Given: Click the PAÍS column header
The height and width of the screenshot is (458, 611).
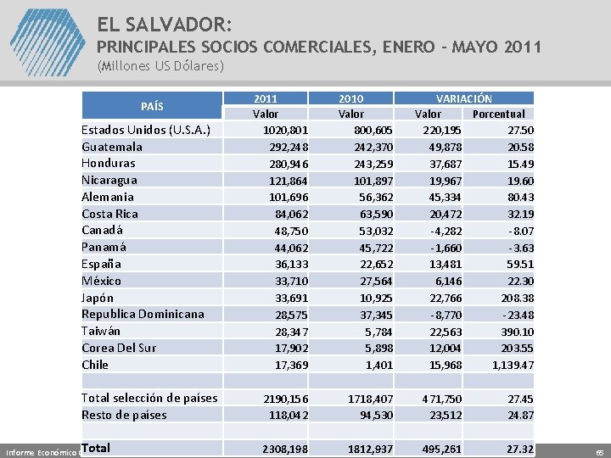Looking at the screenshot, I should [152, 106].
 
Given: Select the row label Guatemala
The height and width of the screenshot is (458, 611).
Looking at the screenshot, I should [112, 147].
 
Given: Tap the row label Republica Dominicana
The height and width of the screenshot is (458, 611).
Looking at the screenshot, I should [143, 314].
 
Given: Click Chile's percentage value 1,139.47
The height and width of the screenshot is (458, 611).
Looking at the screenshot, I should [507, 365].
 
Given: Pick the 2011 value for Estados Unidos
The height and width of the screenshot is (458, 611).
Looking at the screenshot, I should [285, 130].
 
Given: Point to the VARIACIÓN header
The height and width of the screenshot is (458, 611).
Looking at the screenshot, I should [463, 98].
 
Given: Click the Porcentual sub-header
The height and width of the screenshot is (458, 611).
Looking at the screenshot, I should [498, 114].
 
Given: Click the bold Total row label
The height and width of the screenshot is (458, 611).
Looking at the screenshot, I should [96, 447].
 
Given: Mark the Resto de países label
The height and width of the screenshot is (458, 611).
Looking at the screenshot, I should [124, 415].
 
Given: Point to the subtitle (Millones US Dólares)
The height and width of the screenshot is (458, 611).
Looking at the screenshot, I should [160, 65].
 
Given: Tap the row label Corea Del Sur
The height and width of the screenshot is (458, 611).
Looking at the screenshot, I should [119, 348].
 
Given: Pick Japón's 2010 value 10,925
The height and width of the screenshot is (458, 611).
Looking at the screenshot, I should [375, 298].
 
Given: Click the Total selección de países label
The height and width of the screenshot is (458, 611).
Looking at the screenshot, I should [149, 398].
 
